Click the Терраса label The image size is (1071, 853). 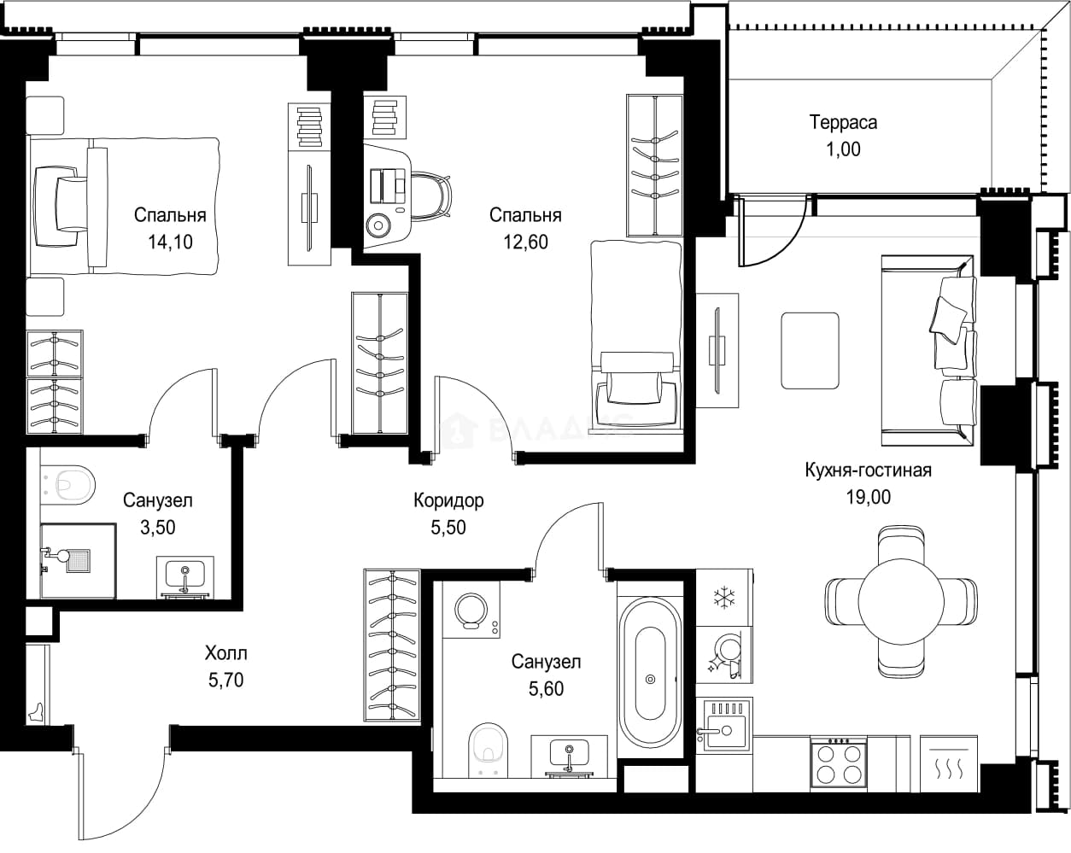(x=843, y=122)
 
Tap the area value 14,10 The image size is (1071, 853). (x=170, y=242)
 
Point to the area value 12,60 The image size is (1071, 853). (x=525, y=242)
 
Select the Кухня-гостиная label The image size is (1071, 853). (x=869, y=470)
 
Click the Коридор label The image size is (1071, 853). (x=448, y=500)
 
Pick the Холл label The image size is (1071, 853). (x=226, y=653)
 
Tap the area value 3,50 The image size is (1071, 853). (x=158, y=528)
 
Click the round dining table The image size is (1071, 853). (x=901, y=601)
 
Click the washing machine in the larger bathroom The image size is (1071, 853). (x=471, y=610)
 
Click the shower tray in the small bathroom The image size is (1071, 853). (x=78, y=561)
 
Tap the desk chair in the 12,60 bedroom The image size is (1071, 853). (x=432, y=195)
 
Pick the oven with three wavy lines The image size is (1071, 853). (x=949, y=764)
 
